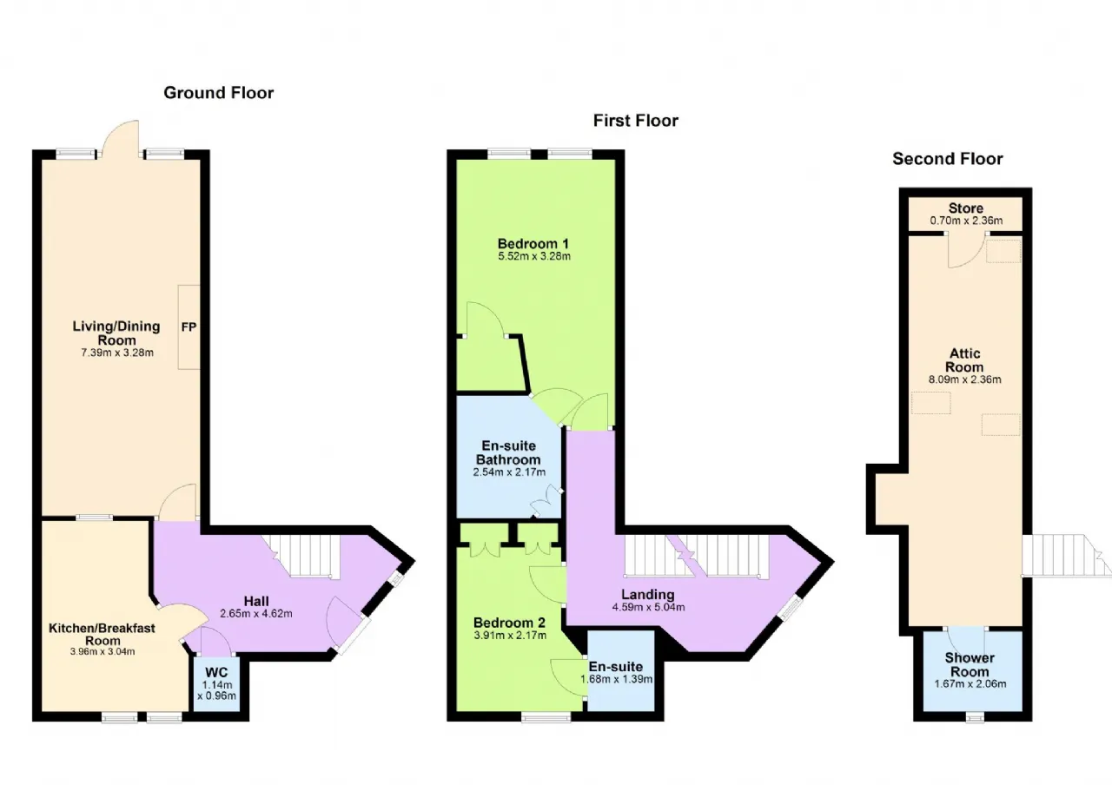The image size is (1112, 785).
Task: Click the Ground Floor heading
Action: click(218, 93)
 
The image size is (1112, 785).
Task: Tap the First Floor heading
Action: click(635, 121)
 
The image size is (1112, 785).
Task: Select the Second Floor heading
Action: click(947, 159)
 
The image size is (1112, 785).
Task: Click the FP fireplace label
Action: click(189, 327)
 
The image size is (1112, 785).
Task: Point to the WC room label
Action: click(216, 672)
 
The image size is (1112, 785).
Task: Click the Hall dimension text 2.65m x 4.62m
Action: click(256, 613)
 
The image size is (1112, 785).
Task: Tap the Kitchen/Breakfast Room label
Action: click(103, 634)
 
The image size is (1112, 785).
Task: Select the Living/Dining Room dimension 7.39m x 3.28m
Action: click(117, 353)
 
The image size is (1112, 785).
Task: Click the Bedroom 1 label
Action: click(533, 244)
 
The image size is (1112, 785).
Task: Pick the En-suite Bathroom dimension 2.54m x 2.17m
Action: click(509, 472)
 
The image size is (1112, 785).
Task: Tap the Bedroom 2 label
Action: click(509, 623)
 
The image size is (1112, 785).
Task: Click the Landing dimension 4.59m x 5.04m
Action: click(648, 607)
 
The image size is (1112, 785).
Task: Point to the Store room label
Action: click(965, 208)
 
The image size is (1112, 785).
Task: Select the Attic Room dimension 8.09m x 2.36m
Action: click(964, 379)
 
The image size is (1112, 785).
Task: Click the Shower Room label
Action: click(970, 665)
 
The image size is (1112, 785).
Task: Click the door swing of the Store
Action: click(966, 251)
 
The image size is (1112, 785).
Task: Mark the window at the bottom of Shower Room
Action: click(975, 717)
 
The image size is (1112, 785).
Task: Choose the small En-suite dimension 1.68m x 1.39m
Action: click(617, 679)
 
